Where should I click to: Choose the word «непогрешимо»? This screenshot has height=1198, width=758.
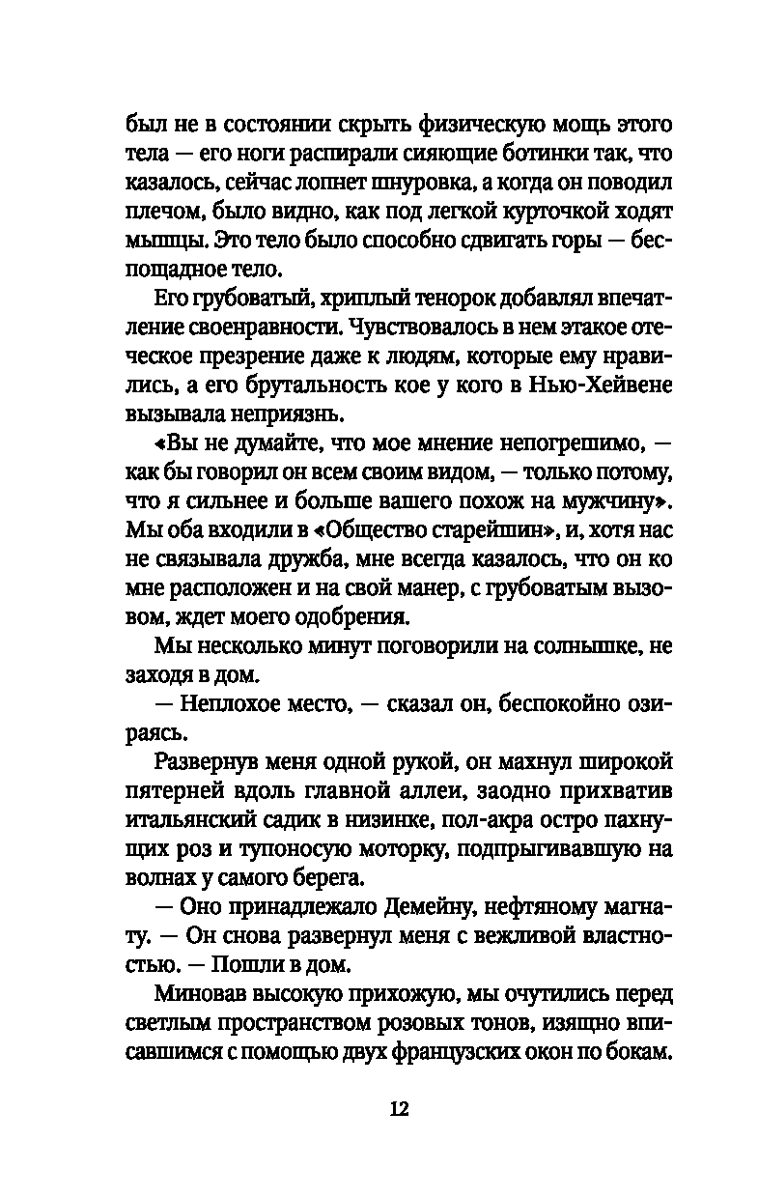(547, 445)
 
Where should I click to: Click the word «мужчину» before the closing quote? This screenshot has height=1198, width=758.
(608, 501)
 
